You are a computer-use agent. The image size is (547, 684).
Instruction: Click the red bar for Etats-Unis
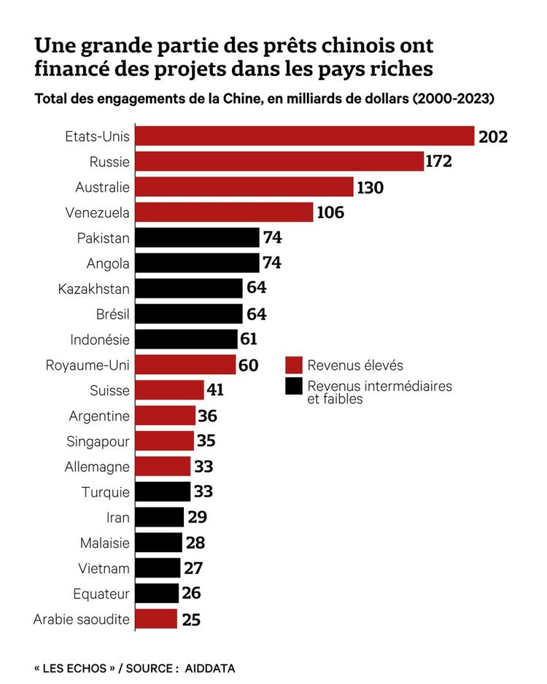click(x=305, y=136)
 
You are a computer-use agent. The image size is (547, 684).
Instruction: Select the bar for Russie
click(x=280, y=161)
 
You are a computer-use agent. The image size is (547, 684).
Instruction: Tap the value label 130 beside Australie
click(x=371, y=187)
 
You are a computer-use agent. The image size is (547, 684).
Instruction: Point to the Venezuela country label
click(x=102, y=213)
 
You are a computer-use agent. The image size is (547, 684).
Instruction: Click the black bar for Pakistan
click(x=198, y=238)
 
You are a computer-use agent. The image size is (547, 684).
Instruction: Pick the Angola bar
click(x=198, y=263)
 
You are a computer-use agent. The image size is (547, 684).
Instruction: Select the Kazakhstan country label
click(x=94, y=289)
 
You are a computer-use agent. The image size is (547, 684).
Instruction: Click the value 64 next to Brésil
click(x=257, y=314)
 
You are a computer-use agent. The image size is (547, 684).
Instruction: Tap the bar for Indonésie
click(x=187, y=339)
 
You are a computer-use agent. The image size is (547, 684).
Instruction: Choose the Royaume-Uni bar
click(x=186, y=365)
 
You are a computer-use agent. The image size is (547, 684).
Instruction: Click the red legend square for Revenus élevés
click(x=294, y=365)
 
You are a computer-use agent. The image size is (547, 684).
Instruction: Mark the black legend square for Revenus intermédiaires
click(x=294, y=386)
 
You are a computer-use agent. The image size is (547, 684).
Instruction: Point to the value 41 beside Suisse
click(x=215, y=390)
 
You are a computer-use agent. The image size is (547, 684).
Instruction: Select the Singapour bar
click(x=165, y=441)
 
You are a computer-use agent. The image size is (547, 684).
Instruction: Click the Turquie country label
click(x=106, y=492)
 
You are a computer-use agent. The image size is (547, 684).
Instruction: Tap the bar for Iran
click(x=160, y=517)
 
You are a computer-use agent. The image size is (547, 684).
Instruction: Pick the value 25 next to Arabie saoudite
click(x=191, y=620)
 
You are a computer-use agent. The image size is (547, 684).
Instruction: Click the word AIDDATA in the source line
click(x=210, y=668)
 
